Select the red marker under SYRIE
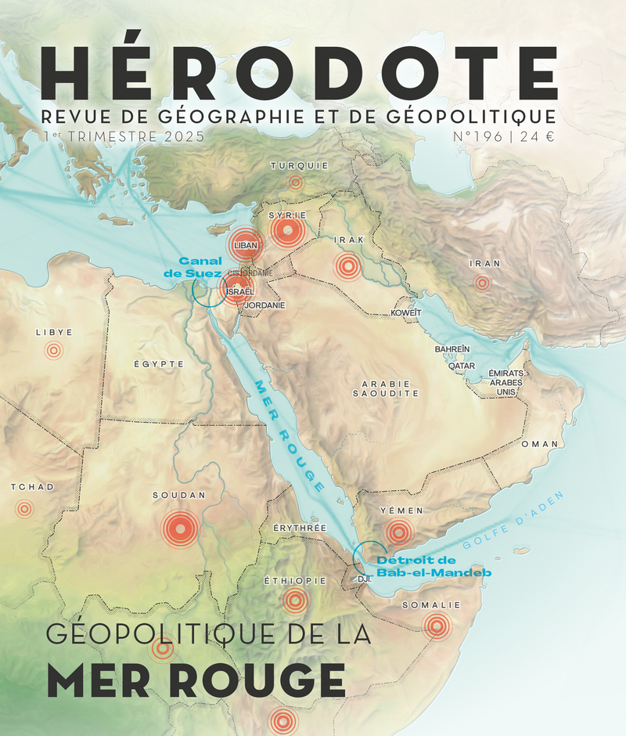click(x=286, y=231)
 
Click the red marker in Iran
click(x=483, y=283)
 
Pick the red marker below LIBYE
click(x=53, y=351)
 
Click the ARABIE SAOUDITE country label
click(x=386, y=389)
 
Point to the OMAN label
click(x=540, y=444)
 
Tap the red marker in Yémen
click(x=398, y=533)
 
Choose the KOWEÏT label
click(x=406, y=313)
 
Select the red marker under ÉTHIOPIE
click(x=294, y=601)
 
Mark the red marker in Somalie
click(x=437, y=625)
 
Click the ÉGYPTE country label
click(x=159, y=364)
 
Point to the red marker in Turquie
click(x=295, y=182)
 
